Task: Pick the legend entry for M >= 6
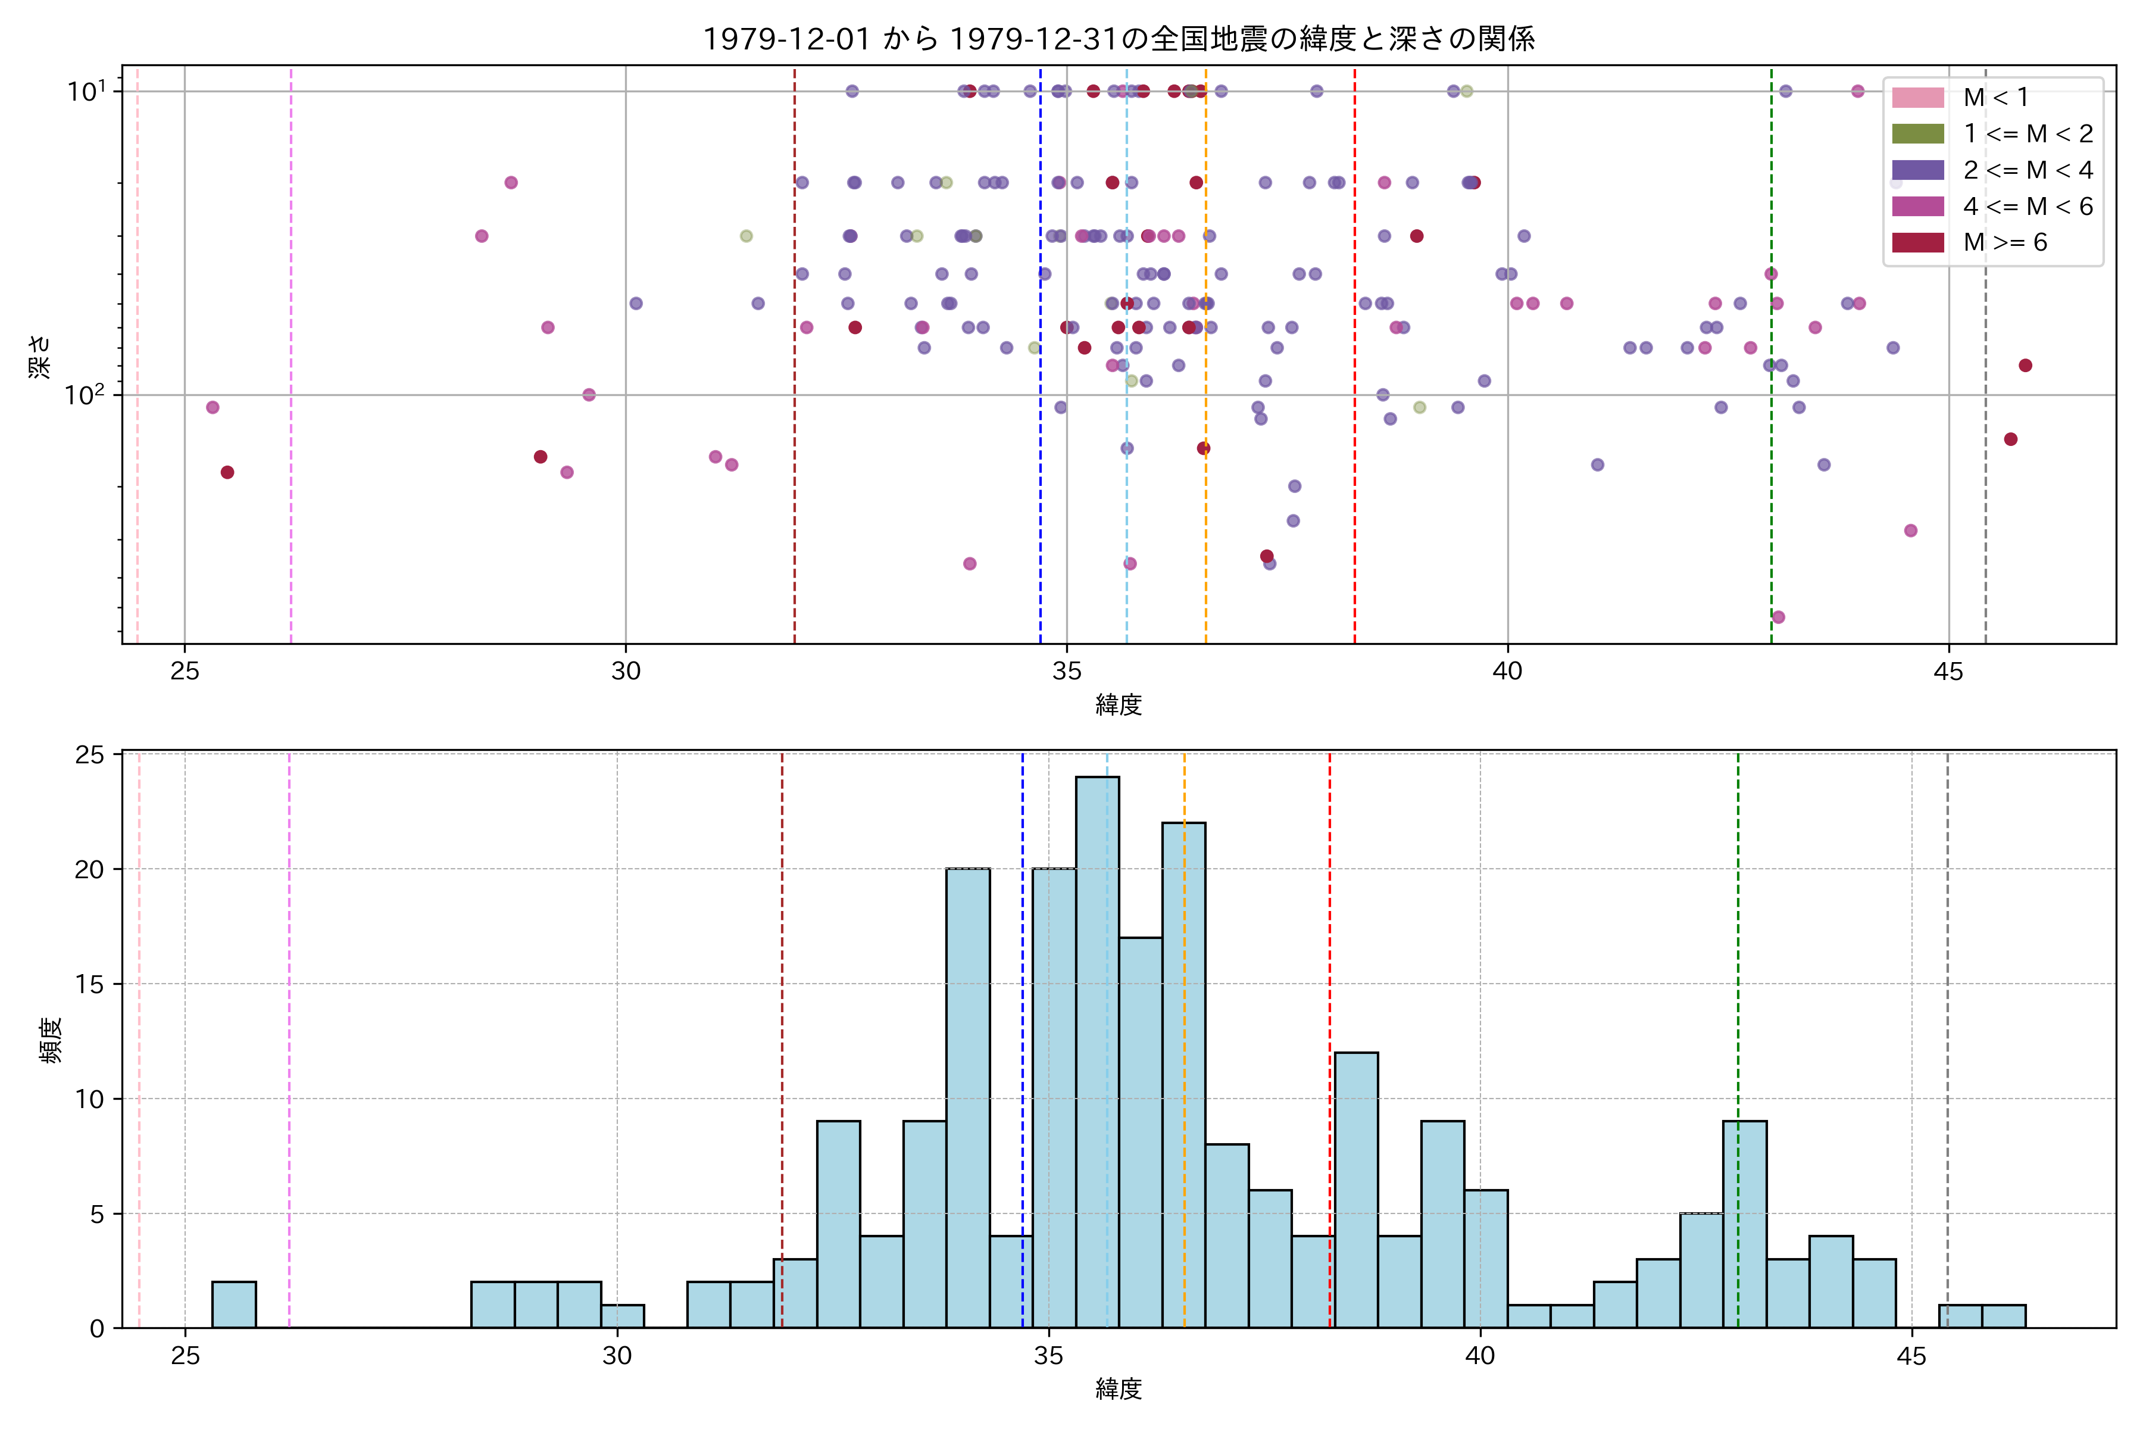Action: click(x=2004, y=242)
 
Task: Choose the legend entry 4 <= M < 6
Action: click(x=2028, y=206)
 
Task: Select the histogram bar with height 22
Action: click(x=1183, y=1075)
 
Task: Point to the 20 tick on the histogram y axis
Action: click(x=89, y=869)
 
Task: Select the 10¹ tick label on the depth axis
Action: click(x=86, y=91)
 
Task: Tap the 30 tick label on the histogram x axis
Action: click(x=617, y=1356)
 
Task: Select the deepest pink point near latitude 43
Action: click(x=1779, y=617)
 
